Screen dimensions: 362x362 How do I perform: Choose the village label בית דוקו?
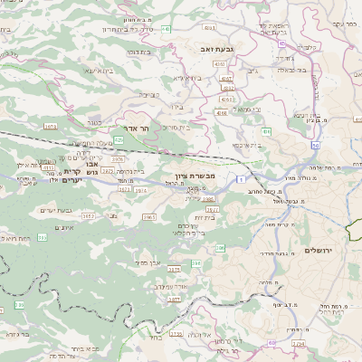(138, 52)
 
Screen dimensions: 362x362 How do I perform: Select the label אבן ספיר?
(148, 262)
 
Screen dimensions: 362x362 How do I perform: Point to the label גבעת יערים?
(55, 210)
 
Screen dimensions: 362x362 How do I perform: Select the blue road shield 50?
(314, 145)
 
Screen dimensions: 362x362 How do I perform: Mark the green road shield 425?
(119, 140)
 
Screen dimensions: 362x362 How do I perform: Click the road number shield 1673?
(50, 126)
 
